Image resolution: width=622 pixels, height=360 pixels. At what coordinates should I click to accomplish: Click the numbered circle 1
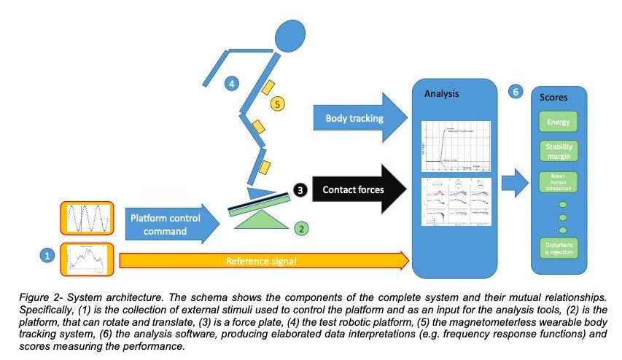(47, 256)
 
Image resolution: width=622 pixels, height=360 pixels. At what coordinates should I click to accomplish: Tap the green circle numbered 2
(300, 228)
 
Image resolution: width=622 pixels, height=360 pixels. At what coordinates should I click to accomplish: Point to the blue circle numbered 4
(231, 84)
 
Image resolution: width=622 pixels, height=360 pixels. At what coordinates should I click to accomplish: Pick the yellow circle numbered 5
(276, 104)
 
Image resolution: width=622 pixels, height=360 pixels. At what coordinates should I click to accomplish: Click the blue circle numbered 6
(516, 93)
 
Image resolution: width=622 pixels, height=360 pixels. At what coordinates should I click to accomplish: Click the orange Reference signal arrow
(263, 260)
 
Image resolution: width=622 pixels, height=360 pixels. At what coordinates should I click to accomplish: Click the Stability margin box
(559, 152)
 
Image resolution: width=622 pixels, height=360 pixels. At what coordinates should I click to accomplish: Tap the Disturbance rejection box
(559, 248)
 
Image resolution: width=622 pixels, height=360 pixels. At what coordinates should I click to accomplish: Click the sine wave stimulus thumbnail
(87, 218)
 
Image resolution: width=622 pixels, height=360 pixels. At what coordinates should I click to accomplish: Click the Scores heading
(553, 97)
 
